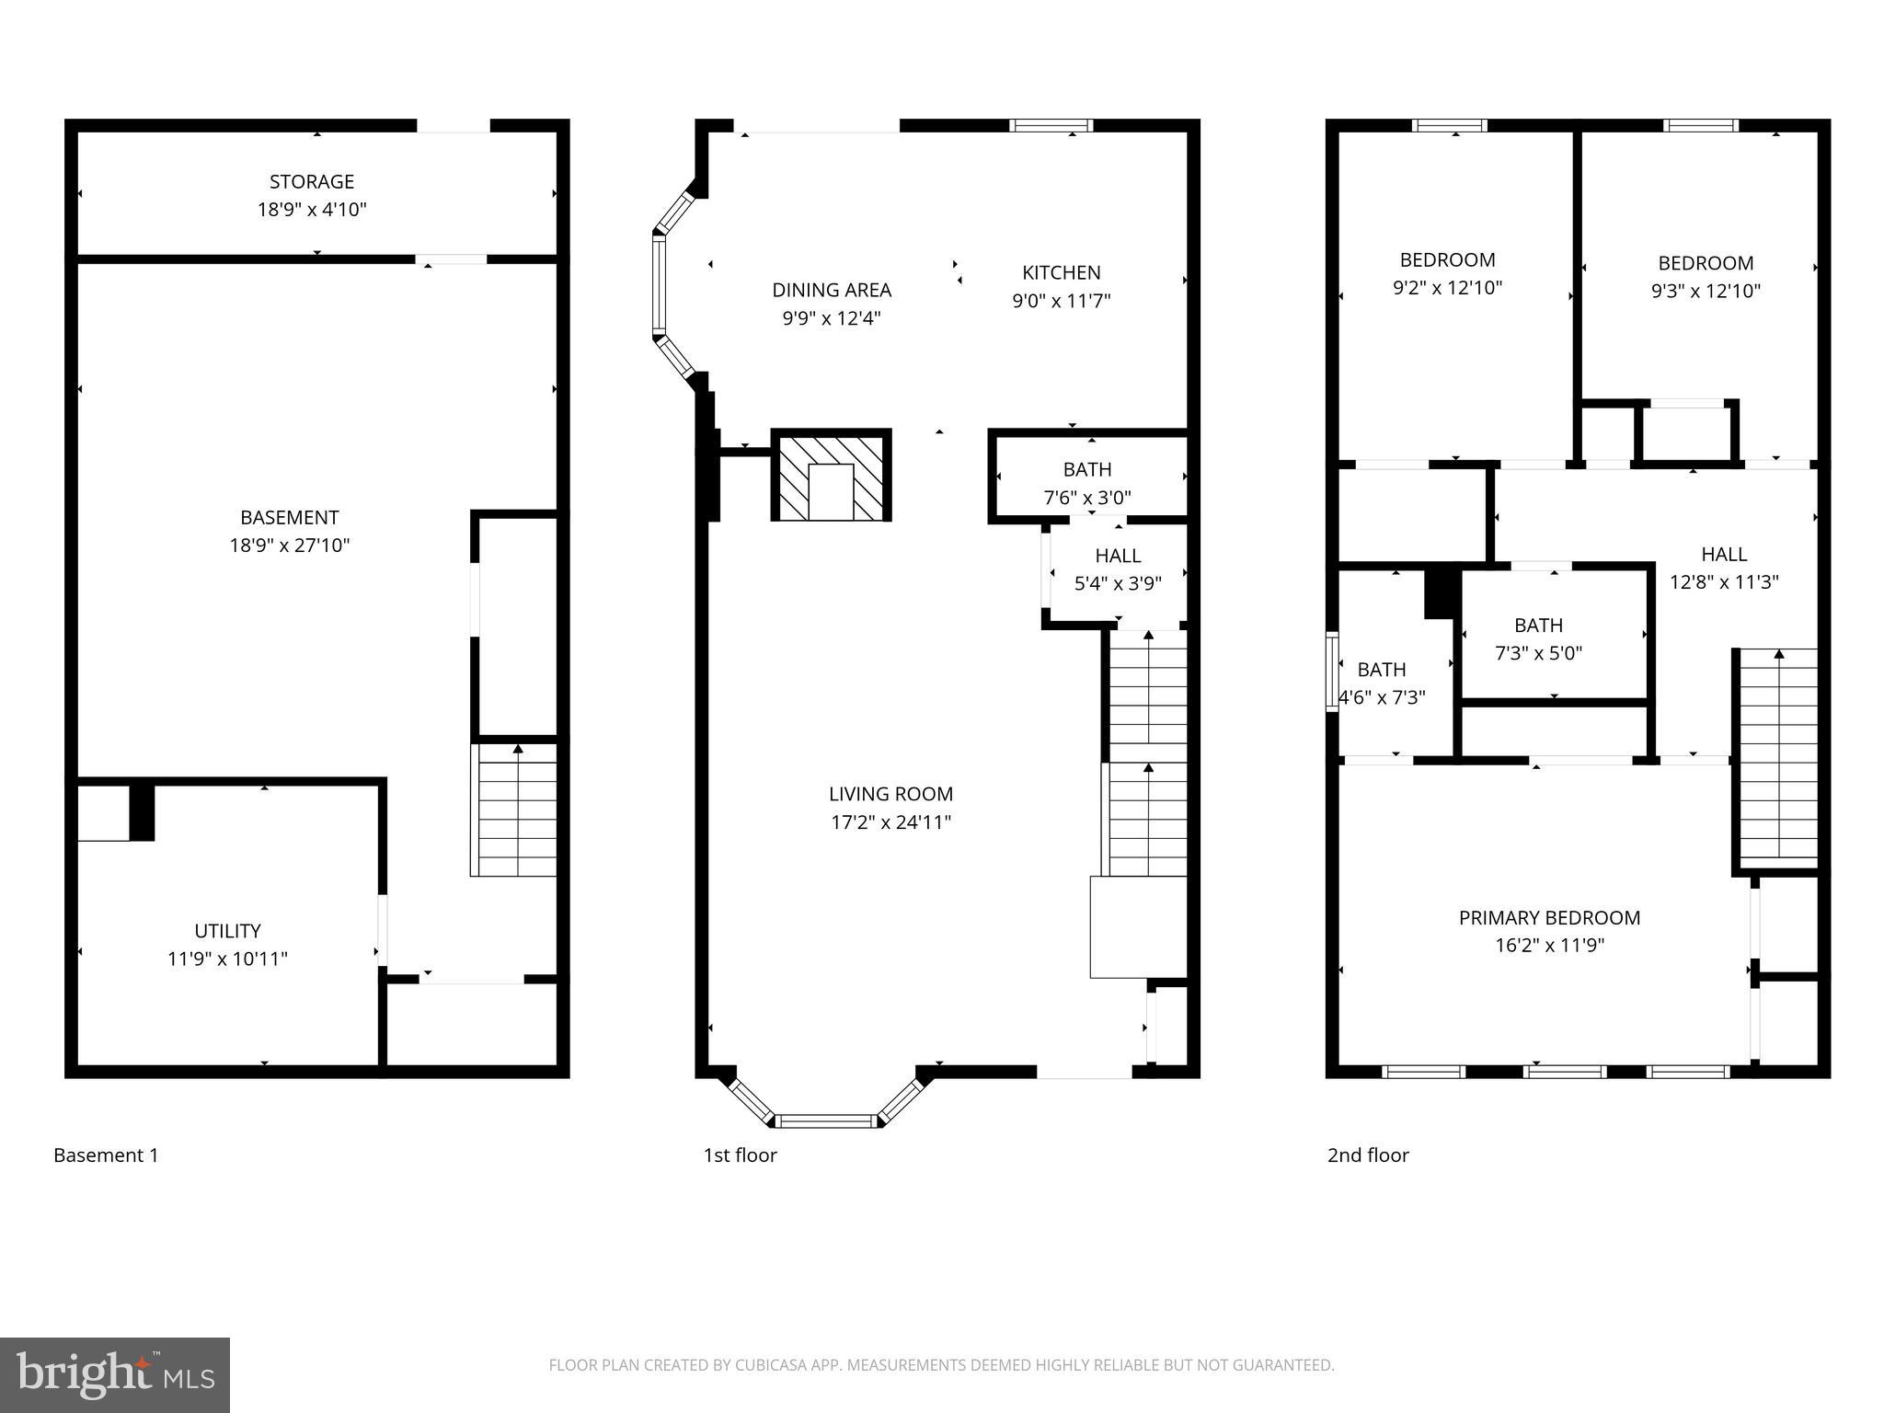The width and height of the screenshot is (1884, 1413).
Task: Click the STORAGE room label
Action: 312,182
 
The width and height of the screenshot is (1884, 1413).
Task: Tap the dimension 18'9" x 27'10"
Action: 290,546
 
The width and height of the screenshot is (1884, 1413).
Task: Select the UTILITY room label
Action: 227,930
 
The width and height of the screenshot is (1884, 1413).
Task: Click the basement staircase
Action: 515,810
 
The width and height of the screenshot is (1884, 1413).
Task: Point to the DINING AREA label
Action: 832,291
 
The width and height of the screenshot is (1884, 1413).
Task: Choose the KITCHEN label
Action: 1062,273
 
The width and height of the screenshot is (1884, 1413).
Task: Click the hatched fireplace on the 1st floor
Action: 831,476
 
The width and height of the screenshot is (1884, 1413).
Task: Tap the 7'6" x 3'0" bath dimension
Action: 1087,498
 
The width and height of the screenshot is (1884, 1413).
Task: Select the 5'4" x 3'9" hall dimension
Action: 1118,583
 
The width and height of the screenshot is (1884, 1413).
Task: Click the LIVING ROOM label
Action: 890,794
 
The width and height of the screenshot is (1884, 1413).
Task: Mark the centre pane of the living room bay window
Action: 826,1120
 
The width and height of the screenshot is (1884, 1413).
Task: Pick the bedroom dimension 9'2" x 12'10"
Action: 1447,288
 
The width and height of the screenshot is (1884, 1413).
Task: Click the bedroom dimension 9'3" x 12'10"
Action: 1706,292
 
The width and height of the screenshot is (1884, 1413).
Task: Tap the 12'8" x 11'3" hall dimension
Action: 1724,582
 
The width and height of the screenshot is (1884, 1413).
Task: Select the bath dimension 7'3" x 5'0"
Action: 1538,653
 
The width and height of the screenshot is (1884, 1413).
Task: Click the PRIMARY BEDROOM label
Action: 1549,917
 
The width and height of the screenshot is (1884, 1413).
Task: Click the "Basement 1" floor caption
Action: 106,1155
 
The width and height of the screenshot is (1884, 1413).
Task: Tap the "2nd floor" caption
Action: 1368,1155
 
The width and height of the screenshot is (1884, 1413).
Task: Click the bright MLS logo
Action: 114,1374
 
